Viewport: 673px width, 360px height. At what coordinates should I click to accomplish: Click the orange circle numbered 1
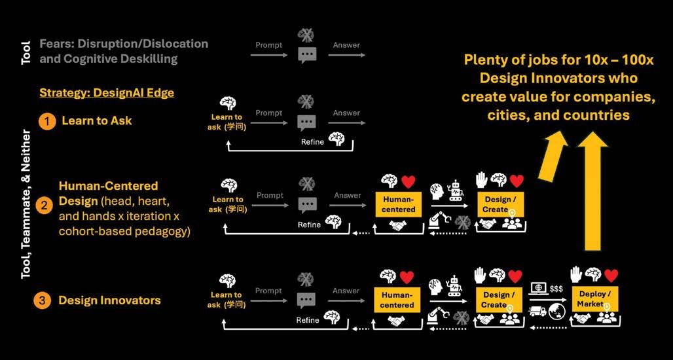pyautogui.click(x=47, y=121)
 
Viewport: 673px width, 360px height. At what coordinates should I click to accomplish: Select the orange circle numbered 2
pyautogui.click(x=43, y=206)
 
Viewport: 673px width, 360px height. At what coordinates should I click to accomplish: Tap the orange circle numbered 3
pyautogui.click(x=42, y=300)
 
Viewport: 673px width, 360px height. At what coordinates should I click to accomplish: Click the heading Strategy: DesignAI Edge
pyautogui.click(x=107, y=92)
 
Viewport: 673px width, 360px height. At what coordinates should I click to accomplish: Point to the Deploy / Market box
pyautogui.click(x=594, y=298)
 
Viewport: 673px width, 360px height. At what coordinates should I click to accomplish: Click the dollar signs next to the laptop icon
pyautogui.click(x=556, y=289)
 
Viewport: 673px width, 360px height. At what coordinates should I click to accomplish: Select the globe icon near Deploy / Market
pyautogui.click(x=558, y=310)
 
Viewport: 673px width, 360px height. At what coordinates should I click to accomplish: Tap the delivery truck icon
pyautogui.click(x=537, y=310)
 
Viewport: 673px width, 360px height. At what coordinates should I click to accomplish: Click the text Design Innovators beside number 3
pyautogui.click(x=109, y=300)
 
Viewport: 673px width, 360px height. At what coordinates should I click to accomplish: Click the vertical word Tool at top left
pyautogui.click(x=26, y=50)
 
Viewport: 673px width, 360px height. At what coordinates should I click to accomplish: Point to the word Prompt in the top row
pyautogui.click(x=269, y=45)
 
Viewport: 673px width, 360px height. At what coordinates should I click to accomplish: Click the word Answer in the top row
pyautogui.click(x=346, y=45)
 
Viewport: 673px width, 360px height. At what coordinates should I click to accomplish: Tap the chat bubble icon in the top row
pyautogui.click(x=306, y=56)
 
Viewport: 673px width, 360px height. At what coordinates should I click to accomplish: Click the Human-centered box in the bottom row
pyautogui.click(x=397, y=300)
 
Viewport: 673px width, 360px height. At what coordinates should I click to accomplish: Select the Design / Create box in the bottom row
pyautogui.click(x=498, y=300)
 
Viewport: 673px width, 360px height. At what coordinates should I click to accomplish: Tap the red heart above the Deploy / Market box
pyautogui.click(x=611, y=276)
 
